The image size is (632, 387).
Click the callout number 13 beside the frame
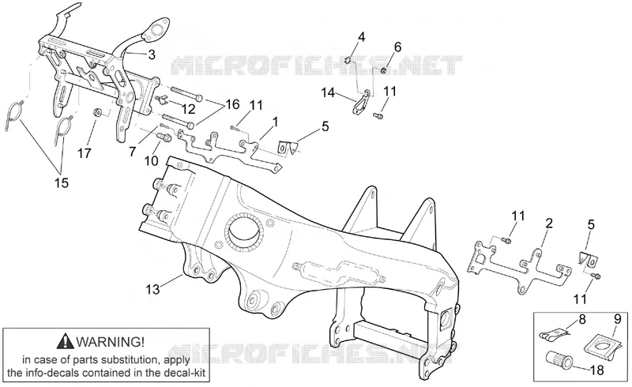click(152, 289)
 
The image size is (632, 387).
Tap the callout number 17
click(85, 153)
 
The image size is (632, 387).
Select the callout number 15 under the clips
click(62, 183)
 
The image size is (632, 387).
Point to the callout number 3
click(152, 54)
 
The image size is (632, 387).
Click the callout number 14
click(328, 92)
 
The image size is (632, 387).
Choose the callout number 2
click(549, 224)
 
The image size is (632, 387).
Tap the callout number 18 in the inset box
click(597, 370)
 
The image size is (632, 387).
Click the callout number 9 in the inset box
click(618, 319)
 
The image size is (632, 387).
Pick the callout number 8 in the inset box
click(582, 321)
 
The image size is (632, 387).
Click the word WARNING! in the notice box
click(110, 342)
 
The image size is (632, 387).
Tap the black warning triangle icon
click(66, 342)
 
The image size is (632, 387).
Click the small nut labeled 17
click(97, 112)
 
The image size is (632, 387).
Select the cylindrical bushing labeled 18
click(557, 359)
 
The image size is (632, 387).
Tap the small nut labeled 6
click(385, 71)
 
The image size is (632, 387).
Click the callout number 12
click(188, 109)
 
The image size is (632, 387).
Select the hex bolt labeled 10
click(165, 137)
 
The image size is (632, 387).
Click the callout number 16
click(232, 104)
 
